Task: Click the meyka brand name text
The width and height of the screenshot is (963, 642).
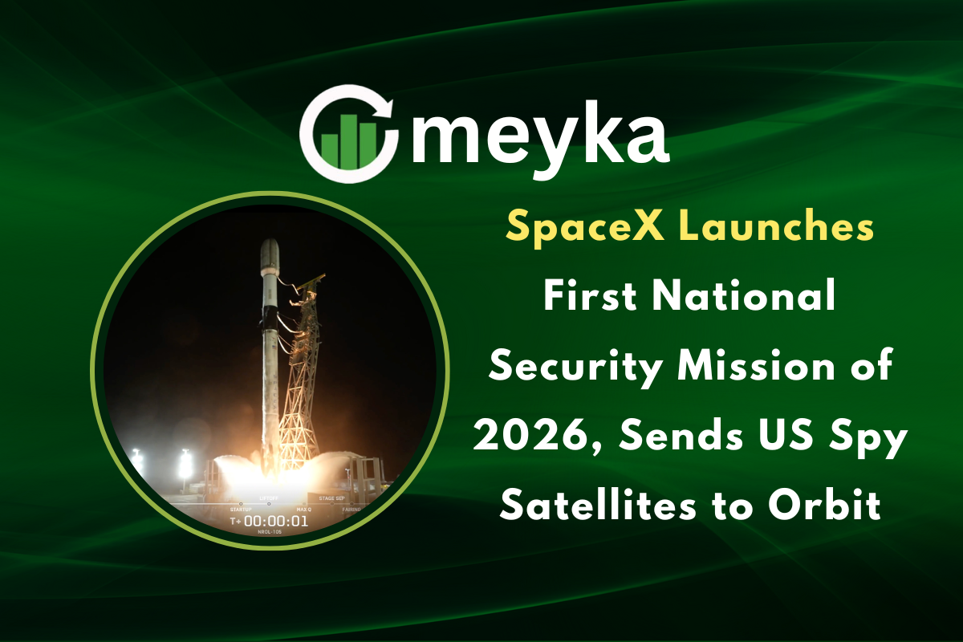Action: pos(539,136)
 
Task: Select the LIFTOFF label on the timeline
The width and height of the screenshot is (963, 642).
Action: pos(268,499)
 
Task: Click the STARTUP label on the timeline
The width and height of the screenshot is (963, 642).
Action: pos(241,509)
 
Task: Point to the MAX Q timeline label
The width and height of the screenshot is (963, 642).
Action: pos(303,509)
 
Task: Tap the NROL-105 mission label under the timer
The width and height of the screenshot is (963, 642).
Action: pos(270,533)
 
